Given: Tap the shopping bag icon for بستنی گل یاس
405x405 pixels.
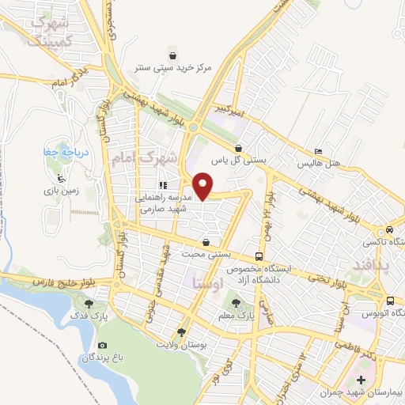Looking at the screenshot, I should (x=239, y=148).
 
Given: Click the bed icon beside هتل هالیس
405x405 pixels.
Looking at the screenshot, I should (x=318, y=152).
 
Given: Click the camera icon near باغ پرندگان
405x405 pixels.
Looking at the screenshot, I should (x=102, y=346).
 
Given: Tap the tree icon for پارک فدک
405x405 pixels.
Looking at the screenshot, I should (x=88, y=301).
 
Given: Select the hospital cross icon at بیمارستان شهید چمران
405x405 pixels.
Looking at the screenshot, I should (x=361, y=380).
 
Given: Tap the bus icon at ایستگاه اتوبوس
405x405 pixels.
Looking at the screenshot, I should (x=391, y=301).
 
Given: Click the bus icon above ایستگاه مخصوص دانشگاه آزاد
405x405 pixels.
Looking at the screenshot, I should (x=259, y=256).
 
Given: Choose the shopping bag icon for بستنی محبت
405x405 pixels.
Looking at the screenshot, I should (x=206, y=242).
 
